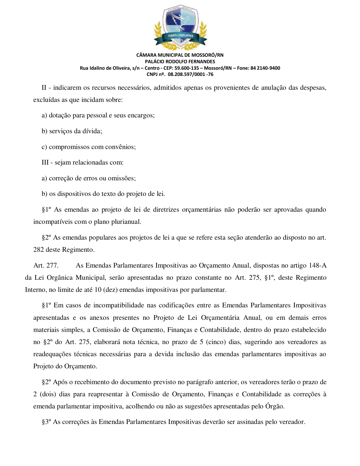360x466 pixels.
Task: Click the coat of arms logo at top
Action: [180, 27]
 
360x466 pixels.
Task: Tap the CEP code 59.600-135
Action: [187, 68]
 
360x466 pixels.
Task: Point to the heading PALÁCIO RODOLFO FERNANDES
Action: [180, 62]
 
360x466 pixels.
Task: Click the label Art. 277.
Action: [46, 265]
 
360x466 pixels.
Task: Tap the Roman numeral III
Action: [45, 163]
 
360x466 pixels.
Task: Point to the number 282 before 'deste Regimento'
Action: [38, 250]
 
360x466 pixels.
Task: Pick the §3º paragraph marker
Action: [46, 422]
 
